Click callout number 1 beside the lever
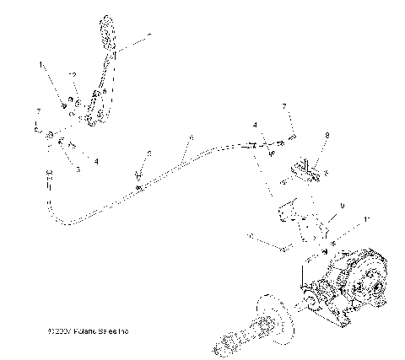pos(40,64)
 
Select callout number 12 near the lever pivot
pos(73,76)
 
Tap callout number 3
pos(78,169)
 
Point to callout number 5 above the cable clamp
pos(148,153)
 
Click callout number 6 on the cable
pos(192,137)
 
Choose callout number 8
pos(327,134)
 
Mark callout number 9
pos(342,206)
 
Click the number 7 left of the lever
pos(38,111)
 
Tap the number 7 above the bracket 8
pos(284,106)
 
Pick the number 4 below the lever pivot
pos(96,160)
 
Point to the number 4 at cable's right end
pos(254,126)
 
